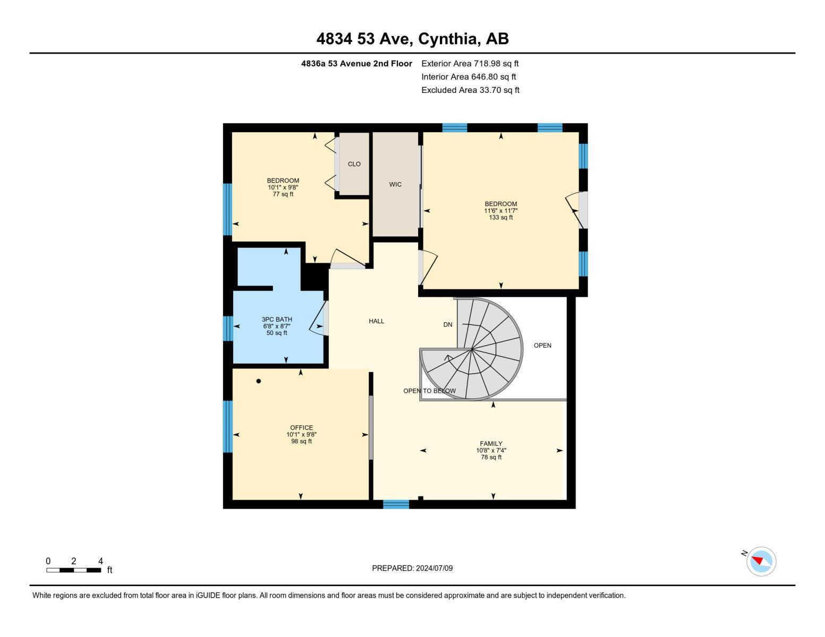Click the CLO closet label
click(x=354, y=164)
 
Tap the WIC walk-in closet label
click(x=395, y=185)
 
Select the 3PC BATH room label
click(x=277, y=320)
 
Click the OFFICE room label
click(x=301, y=428)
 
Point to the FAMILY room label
click(x=491, y=444)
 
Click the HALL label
click(x=376, y=321)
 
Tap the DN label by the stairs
click(x=448, y=325)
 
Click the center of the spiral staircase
click(x=472, y=349)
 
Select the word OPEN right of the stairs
click(x=542, y=346)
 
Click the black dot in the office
click(x=259, y=381)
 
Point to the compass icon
click(x=761, y=561)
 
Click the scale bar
click(x=74, y=570)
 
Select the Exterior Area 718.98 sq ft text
click(x=470, y=64)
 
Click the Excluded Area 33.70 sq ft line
click(x=470, y=90)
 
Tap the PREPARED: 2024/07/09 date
click(x=412, y=569)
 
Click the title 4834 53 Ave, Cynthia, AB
click(x=412, y=39)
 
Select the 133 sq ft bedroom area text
click(x=500, y=218)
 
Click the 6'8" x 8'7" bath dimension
click(x=277, y=326)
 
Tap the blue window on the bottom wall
click(x=396, y=504)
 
